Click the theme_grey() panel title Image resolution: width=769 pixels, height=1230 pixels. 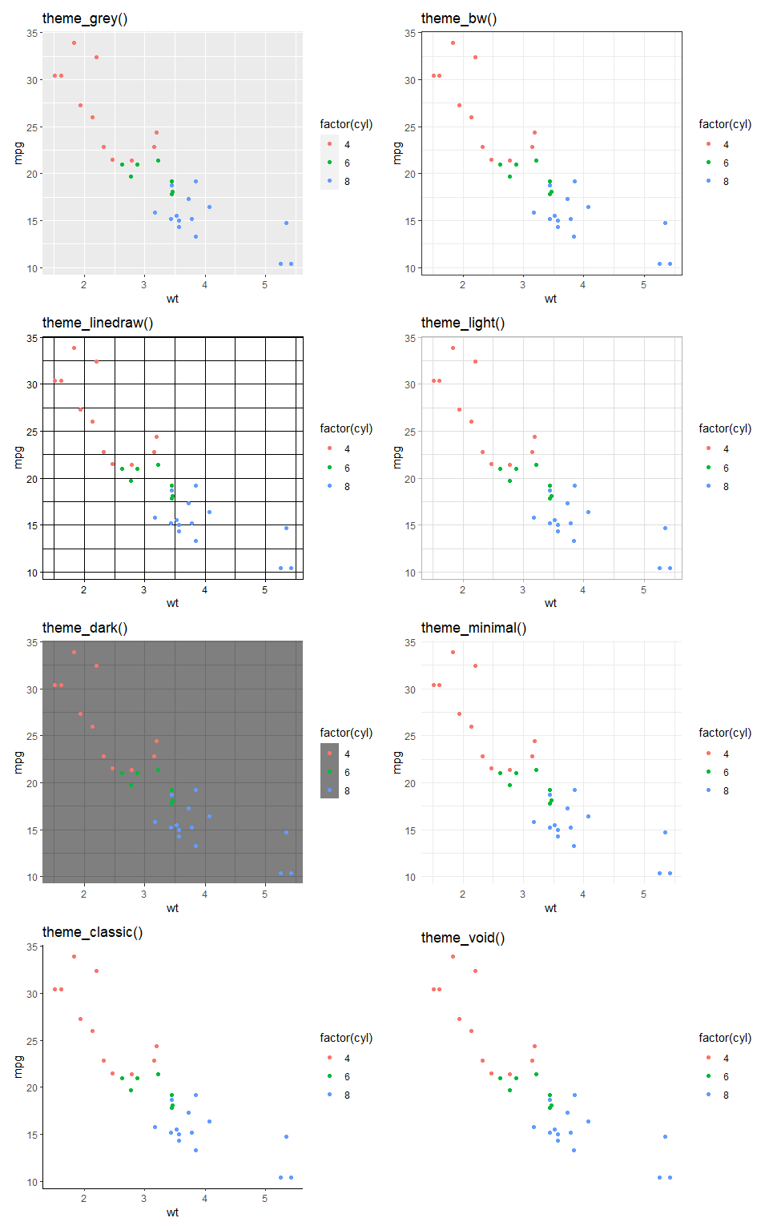[x=84, y=18]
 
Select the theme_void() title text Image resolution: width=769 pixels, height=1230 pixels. [x=462, y=938]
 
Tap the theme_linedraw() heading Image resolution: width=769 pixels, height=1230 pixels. [x=97, y=323]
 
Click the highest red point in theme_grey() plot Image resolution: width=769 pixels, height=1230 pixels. [x=74, y=42]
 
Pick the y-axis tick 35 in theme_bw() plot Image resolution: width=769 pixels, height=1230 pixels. [x=410, y=33]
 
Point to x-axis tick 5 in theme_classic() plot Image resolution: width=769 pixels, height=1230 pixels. [x=264, y=1198]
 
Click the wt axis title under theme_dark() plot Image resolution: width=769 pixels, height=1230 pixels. [x=172, y=908]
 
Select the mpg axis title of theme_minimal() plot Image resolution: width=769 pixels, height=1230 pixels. [x=397, y=762]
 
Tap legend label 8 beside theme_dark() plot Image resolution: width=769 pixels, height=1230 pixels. [x=347, y=791]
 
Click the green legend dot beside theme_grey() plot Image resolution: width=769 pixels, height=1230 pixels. [x=329, y=163]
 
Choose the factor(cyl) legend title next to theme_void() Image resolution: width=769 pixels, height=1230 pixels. [x=724, y=1038]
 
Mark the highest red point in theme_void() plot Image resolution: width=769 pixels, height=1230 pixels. [x=453, y=956]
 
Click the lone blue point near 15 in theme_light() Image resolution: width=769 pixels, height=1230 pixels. [x=665, y=528]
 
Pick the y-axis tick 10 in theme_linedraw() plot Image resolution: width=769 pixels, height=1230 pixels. [x=31, y=573]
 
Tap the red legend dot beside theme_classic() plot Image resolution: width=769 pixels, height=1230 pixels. [x=329, y=1058]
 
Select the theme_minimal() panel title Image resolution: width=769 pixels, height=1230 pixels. [x=473, y=628]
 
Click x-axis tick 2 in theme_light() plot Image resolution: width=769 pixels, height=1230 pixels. [x=462, y=589]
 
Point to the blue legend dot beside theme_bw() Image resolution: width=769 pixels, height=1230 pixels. [x=708, y=181]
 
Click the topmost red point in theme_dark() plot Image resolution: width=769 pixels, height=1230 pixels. [x=74, y=652]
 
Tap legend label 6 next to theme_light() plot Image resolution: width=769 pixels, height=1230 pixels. [x=726, y=468]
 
